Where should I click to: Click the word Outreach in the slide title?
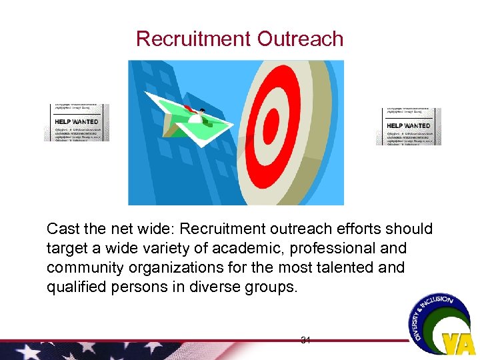[x=301, y=39]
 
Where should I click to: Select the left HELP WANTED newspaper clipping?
[x=76, y=123]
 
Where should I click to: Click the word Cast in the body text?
[x=62, y=229]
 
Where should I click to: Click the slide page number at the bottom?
[x=306, y=341]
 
